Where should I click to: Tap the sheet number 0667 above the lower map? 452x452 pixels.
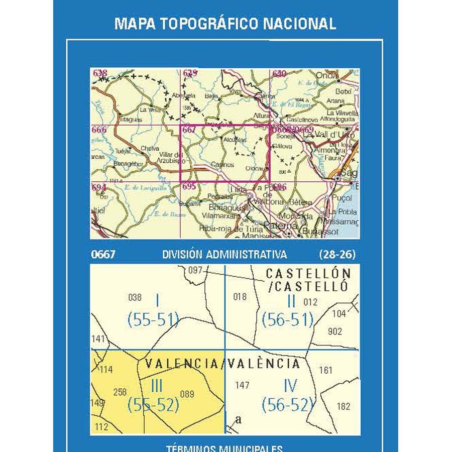click(x=103, y=255)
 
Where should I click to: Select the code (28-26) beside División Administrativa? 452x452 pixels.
click(x=337, y=255)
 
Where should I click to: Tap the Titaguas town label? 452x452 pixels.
click(x=131, y=120)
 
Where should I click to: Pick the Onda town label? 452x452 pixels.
click(x=330, y=74)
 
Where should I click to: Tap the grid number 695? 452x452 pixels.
click(x=189, y=186)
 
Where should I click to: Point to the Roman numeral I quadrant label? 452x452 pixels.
click(x=157, y=300)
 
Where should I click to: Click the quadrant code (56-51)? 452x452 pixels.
click(x=288, y=319)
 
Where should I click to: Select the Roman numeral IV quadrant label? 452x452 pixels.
click(x=290, y=386)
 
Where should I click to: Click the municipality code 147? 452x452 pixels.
click(x=242, y=386)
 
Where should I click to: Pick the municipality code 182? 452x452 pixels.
click(x=344, y=406)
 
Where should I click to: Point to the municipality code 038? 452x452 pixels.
click(x=135, y=297)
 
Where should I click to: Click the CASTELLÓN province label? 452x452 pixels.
click(x=308, y=274)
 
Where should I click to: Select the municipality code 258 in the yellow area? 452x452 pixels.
click(x=120, y=392)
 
